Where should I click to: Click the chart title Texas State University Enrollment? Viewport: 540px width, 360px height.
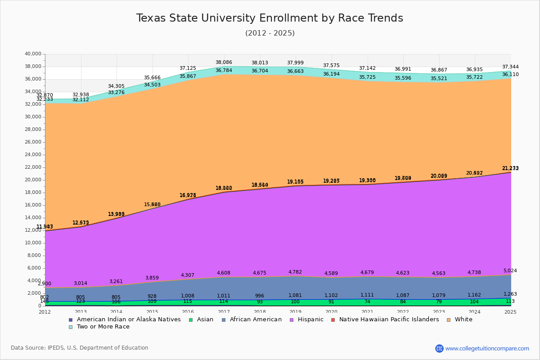(x=270, y=18)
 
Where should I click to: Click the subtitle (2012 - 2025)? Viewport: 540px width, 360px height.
(x=270, y=33)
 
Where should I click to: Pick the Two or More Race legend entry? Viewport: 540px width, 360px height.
(x=103, y=327)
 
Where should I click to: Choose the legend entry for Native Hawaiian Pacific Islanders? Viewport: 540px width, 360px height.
(x=389, y=319)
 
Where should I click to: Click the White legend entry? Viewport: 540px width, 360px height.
(x=463, y=319)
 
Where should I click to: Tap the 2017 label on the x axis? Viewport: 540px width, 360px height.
(x=224, y=312)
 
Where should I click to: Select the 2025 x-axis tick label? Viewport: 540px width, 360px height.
(x=511, y=312)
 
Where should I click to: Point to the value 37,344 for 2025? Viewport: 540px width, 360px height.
(x=510, y=67)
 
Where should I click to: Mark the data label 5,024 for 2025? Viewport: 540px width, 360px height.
(x=510, y=271)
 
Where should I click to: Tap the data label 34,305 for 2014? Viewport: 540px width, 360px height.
(x=116, y=86)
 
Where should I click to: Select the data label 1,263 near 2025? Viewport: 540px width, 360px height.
(x=510, y=294)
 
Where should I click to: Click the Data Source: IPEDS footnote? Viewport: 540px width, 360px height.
(x=80, y=348)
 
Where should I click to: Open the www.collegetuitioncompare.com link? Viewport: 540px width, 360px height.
(x=487, y=348)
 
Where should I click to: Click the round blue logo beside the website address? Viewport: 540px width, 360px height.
(x=439, y=348)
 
